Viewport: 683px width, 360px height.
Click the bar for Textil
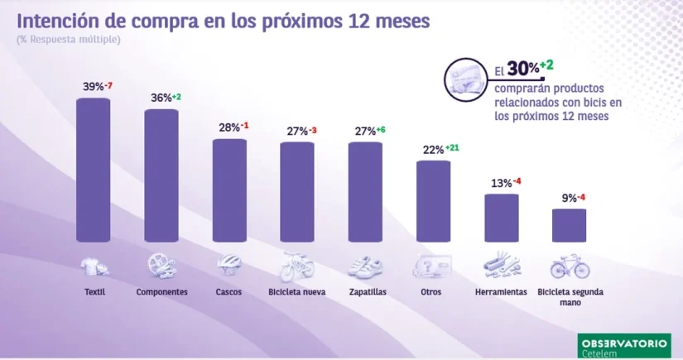tap(93, 170)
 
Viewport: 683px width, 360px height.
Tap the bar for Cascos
tap(229, 190)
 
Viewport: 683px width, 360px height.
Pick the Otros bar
tap(433, 201)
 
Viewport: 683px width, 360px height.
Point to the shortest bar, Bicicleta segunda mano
tap(569, 224)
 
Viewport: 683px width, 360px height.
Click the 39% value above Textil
tap(92, 87)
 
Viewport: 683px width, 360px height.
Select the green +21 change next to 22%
tap(452, 148)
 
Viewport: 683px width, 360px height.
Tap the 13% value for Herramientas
tap(498, 183)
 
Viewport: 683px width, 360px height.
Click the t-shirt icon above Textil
tap(94, 266)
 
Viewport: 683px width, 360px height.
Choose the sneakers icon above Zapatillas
tap(365, 266)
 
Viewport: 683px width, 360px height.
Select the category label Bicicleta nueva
tap(296, 291)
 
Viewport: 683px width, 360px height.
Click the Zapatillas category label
tap(365, 291)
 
